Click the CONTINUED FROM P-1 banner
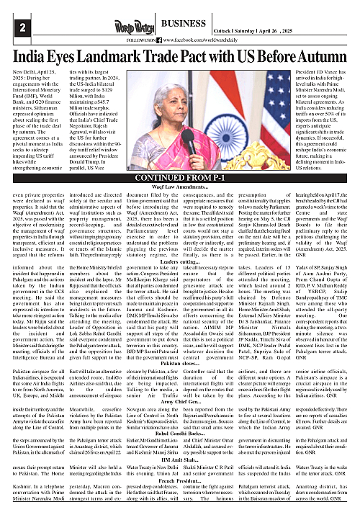(x=179, y=178)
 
